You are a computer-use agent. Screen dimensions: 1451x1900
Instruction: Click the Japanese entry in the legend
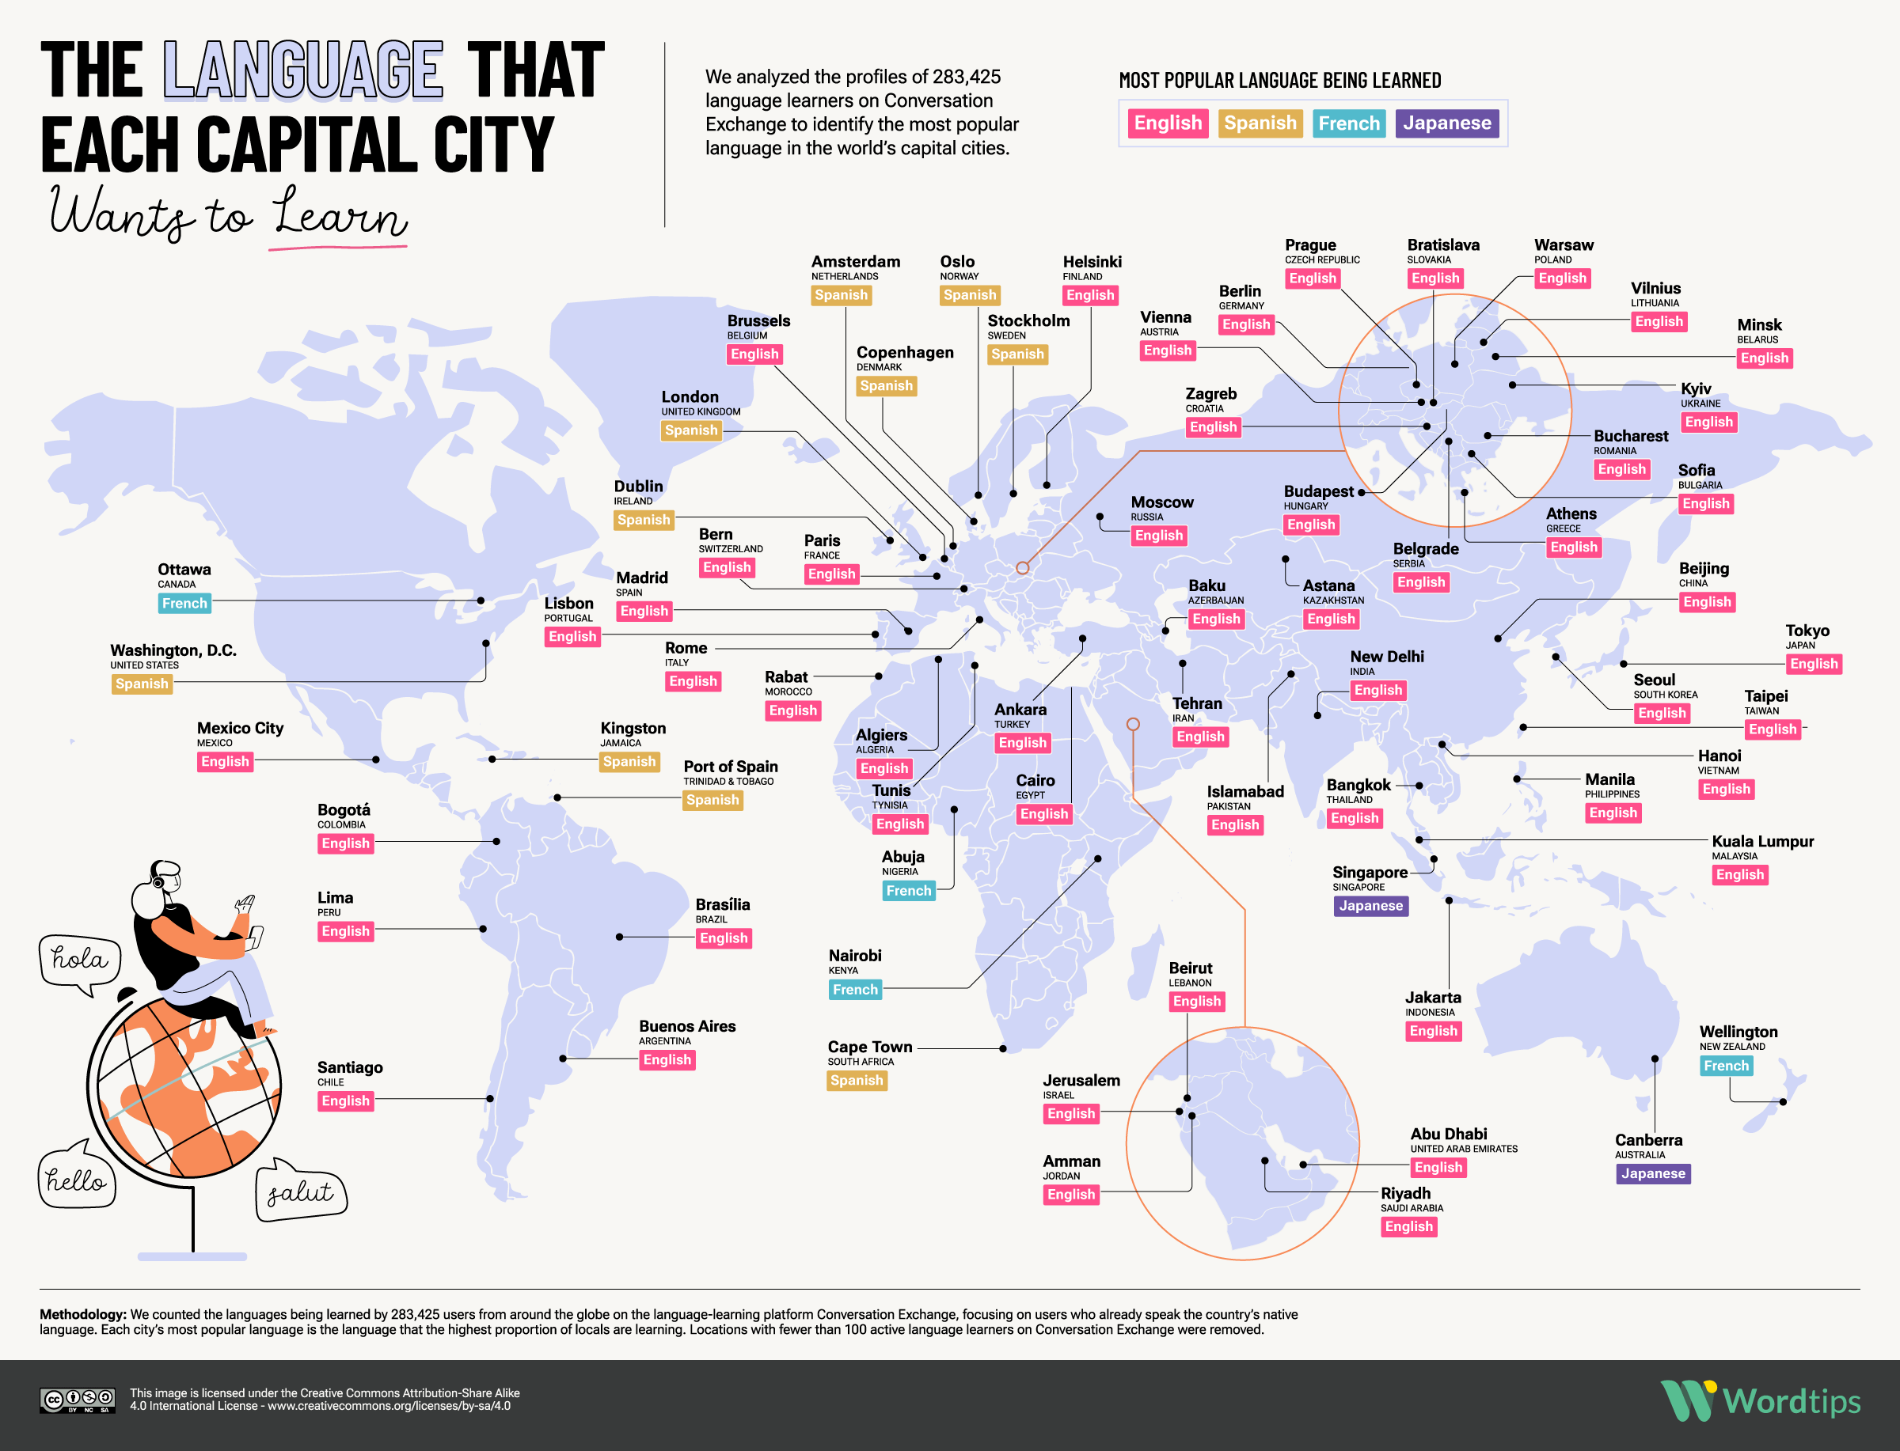pyautogui.click(x=1446, y=123)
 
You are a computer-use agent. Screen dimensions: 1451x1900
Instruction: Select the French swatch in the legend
pyautogui.click(x=1348, y=123)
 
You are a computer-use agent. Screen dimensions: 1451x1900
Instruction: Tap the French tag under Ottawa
pyautogui.click(x=185, y=603)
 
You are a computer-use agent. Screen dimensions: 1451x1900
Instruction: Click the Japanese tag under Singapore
pyautogui.click(x=1370, y=905)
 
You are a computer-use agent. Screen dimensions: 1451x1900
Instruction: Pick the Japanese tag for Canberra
pyautogui.click(x=1652, y=1173)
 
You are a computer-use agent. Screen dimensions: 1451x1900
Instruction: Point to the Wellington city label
pyautogui.click(x=1738, y=1031)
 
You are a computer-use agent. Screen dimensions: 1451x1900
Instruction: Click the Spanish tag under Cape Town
pyautogui.click(x=857, y=1080)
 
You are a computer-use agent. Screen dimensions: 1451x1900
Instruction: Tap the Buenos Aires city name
pyautogui.click(x=687, y=1026)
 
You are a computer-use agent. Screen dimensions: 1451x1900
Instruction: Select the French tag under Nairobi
pyautogui.click(x=854, y=989)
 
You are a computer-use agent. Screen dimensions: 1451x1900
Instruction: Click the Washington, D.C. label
pyautogui.click(x=173, y=650)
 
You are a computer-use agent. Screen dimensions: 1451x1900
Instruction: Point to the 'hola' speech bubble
pyautogui.click(x=79, y=960)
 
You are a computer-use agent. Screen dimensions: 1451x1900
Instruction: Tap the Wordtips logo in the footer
pyautogui.click(x=1760, y=1401)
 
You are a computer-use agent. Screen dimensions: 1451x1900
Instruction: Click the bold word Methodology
pyautogui.click(x=83, y=1313)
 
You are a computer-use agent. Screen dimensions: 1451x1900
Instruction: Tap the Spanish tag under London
pyautogui.click(x=691, y=430)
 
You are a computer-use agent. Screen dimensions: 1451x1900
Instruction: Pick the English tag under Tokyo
pyautogui.click(x=1814, y=663)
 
